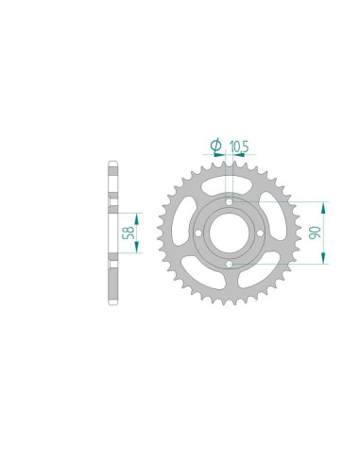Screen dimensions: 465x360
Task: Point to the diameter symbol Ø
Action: tap(215, 145)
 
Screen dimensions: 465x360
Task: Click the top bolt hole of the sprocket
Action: tap(230, 201)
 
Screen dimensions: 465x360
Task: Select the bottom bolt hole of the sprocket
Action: tap(230, 265)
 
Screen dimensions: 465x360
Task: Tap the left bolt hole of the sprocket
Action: tap(197, 233)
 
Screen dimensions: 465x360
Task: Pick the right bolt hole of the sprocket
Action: tap(262, 233)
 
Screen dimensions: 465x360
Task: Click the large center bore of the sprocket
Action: tap(230, 233)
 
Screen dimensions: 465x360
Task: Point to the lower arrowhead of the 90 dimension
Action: tap(325, 261)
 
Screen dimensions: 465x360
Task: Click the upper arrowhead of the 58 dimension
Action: tap(139, 216)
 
